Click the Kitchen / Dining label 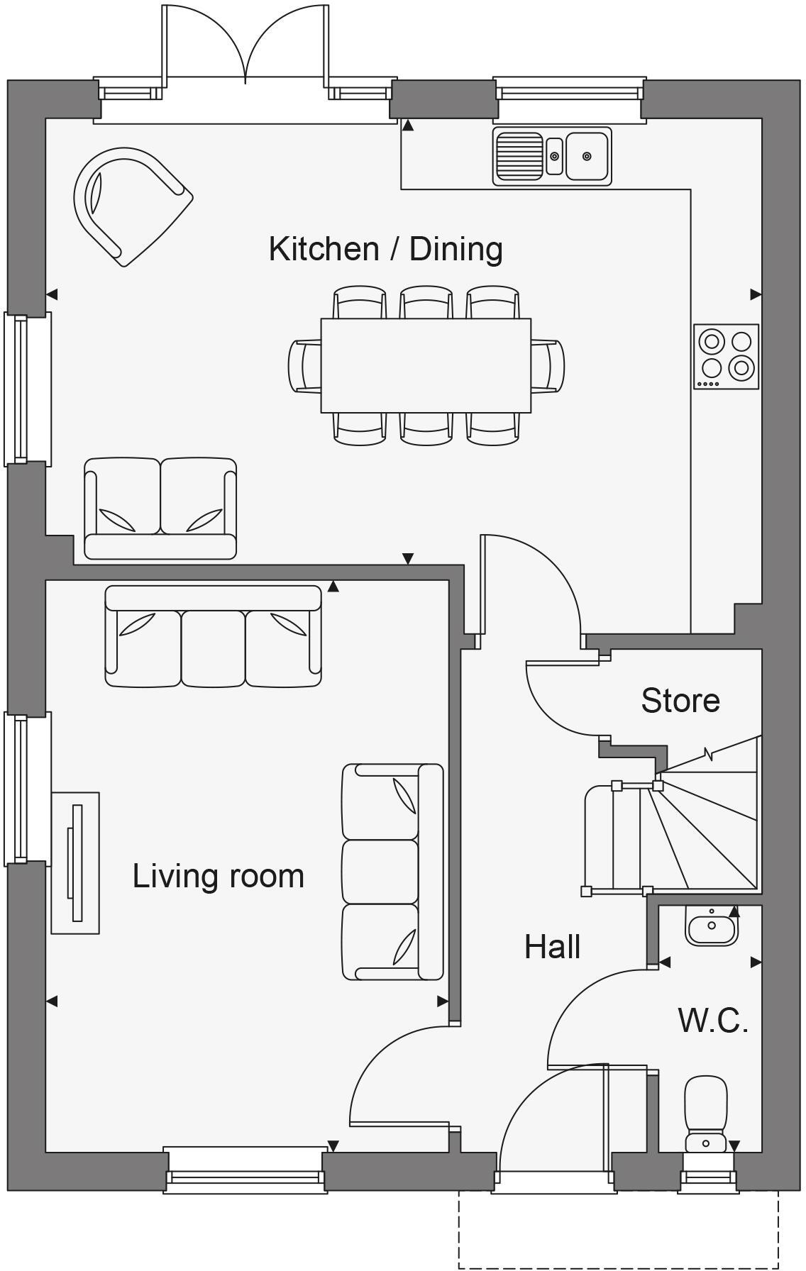pos(385,249)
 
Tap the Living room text pos(218,876)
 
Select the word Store pos(680,701)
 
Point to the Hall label pos(552,947)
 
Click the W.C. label pos(712,1021)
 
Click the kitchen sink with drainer pos(551,156)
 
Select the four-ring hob pos(726,356)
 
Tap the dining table pos(426,365)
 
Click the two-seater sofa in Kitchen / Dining pos(160,508)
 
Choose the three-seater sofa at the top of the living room pos(213,636)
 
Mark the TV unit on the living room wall pos(75,862)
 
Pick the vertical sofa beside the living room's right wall pos(392,872)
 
